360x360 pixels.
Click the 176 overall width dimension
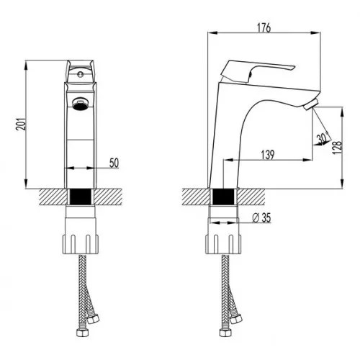[x=264, y=28]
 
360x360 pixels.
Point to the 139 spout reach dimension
[x=268, y=154]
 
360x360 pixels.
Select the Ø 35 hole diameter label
[x=262, y=218]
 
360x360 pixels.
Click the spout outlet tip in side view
[x=311, y=107]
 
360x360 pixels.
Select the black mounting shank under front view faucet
[x=81, y=196]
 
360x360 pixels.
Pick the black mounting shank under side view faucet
[x=225, y=196]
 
